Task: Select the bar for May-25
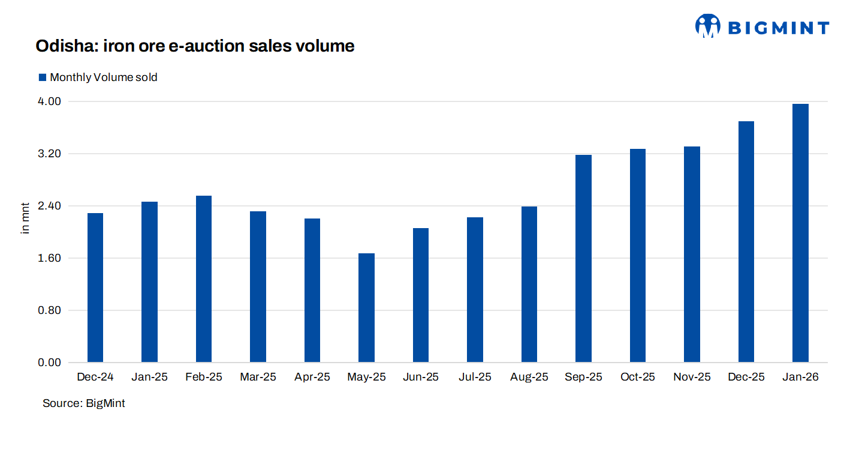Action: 366,308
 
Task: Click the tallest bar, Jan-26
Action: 800,234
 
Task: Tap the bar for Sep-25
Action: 583,259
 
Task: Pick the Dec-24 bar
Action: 95,288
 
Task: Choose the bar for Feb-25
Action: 204,279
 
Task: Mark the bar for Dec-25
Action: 746,242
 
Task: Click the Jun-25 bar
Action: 421,295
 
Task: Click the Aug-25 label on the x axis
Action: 529,378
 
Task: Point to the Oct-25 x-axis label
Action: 638,378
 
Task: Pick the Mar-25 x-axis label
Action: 258,378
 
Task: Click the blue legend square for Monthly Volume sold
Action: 42,77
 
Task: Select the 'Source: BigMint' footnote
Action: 84,403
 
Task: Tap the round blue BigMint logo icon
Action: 707,26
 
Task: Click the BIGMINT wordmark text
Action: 778,28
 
